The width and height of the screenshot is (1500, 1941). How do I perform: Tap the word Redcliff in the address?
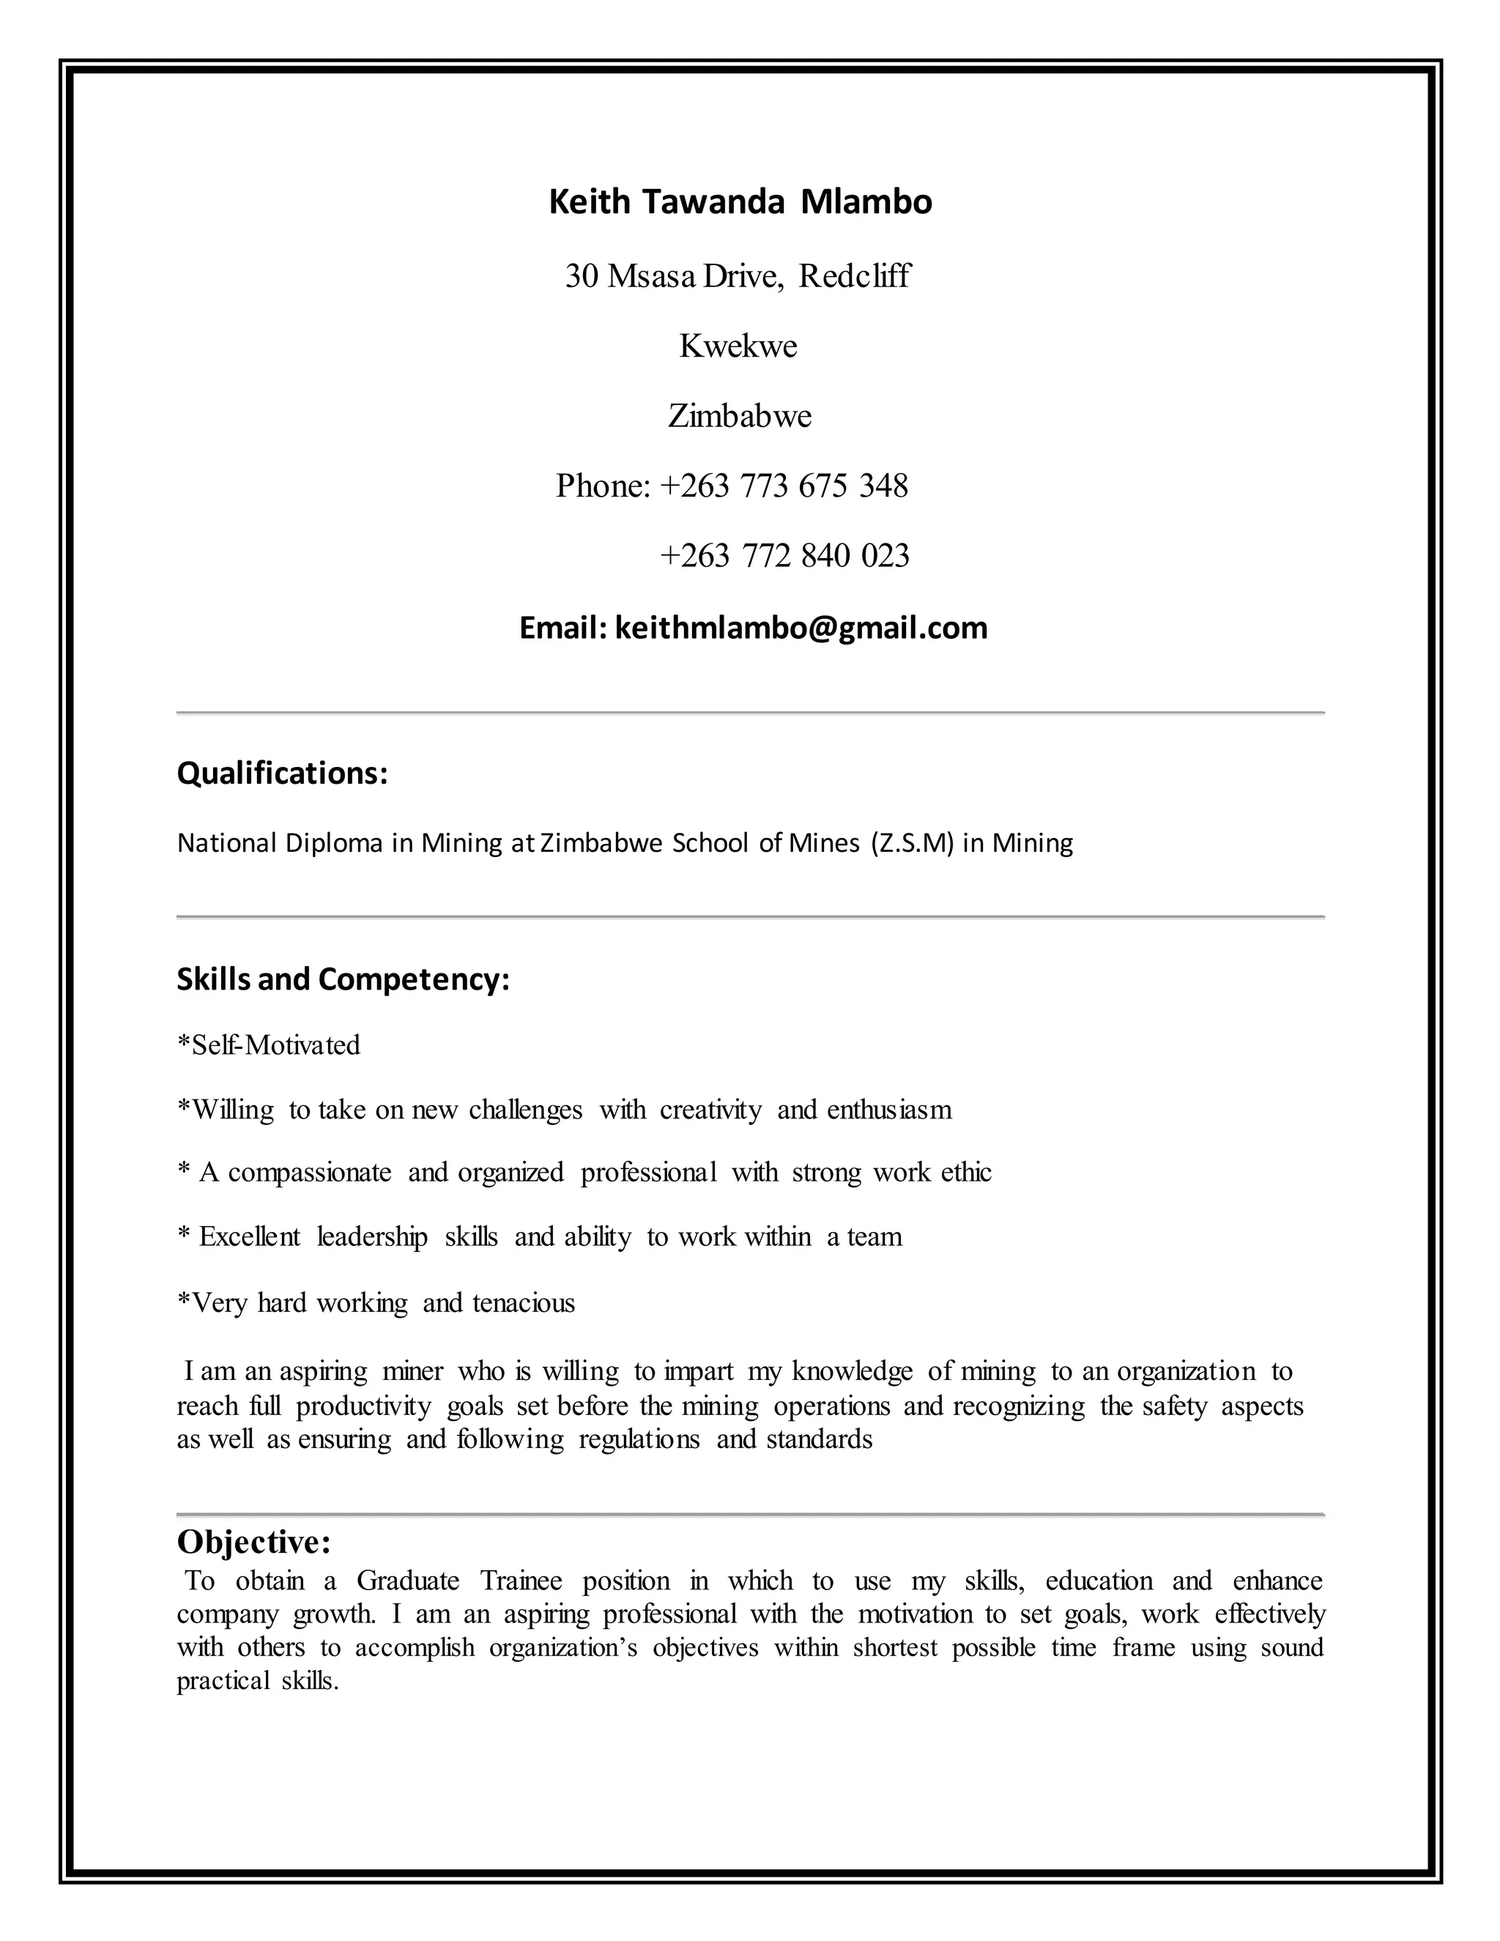coord(854,276)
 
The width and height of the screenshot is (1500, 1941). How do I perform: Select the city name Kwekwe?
coord(738,346)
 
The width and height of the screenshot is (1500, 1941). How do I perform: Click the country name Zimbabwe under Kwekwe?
coord(739,416)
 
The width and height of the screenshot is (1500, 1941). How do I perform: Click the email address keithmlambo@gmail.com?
coord(801,628)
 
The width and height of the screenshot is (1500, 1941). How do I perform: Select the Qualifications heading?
coord(283,773)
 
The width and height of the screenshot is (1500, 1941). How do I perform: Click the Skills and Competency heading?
coord(343,979)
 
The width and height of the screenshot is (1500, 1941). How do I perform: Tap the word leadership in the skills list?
coord(371,1237)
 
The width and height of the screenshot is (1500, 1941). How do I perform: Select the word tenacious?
coord(524,1303)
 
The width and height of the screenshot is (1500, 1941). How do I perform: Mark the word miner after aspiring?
coord(412,1371)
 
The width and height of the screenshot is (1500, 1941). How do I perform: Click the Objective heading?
coord(254,1542)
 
